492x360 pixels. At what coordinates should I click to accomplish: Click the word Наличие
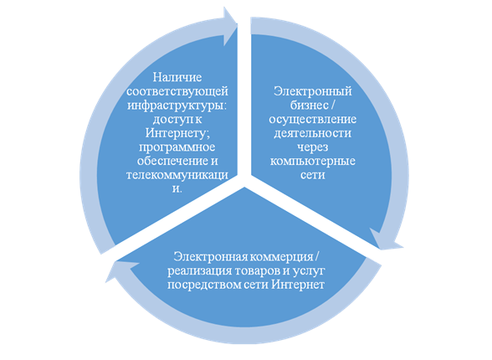(177, 77)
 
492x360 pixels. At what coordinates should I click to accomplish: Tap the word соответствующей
(177, 91)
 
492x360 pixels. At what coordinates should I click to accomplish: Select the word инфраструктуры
(177, 105)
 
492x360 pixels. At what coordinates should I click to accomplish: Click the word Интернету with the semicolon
(177, 133)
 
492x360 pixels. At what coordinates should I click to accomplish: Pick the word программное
(177, 147)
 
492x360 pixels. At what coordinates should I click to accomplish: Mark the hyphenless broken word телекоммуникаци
(177, 175)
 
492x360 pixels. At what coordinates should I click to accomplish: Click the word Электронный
(313, 91)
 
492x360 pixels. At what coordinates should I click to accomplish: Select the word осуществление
(313, 119)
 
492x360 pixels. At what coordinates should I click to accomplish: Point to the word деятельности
(313, 133)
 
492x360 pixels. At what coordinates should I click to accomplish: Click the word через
(313, 147)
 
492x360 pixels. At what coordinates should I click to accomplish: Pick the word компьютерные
(313, 162)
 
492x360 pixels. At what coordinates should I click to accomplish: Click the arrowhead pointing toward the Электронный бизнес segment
(230, 26)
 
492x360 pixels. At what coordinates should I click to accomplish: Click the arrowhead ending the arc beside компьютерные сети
(385, 240)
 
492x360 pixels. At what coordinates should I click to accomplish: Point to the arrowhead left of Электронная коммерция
(119, 270)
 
